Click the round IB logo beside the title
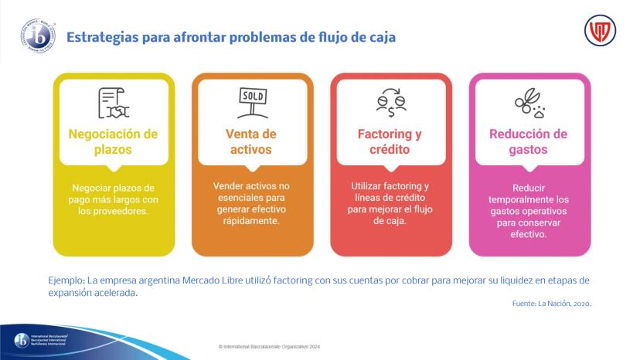38,36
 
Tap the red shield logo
600,31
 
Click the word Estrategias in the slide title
103,38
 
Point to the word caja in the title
383,37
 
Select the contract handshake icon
114,103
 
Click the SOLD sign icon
253,103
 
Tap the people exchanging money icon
391,103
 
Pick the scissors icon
529,103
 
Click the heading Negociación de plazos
113,141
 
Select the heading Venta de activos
251,141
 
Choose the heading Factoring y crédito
390,141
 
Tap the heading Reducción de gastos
528,141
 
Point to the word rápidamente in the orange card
251,221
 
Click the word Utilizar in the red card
367,186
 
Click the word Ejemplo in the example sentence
66,281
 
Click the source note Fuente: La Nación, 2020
552,304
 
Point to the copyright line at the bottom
269,347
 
